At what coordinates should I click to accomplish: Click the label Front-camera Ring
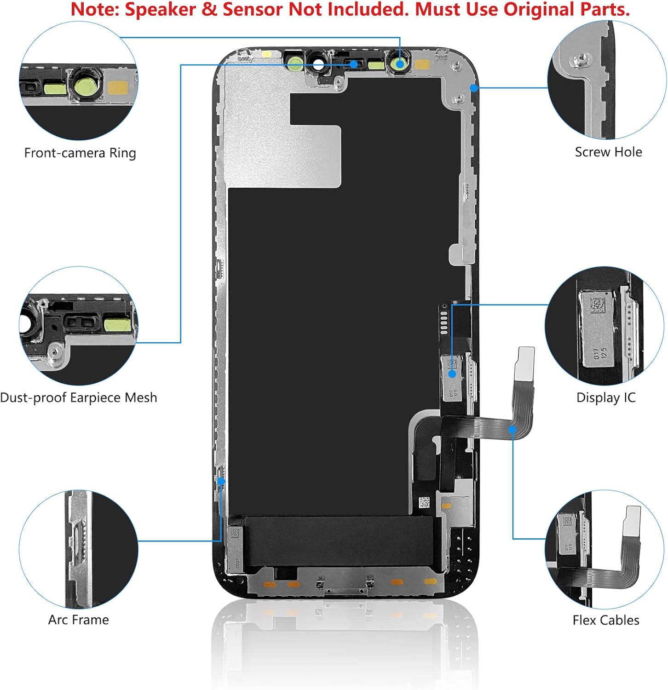pyautogui.click(x=80, y=153)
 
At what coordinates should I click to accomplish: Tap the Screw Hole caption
pyautogui.click(x=608, y=152)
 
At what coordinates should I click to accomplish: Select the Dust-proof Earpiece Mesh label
pyautogui.click(x=79, y=398)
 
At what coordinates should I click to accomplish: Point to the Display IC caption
pyautogui.click(x=606, y=398)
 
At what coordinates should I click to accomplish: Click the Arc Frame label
pyautogui.click(x=79, y=620)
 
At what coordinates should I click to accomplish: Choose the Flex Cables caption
pyautogui.click(x=606, y=621)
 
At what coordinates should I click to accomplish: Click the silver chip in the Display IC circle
pyautogui.click(x=598, y=329)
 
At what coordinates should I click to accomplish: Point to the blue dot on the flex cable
pyautogui.click(x=513, y=429)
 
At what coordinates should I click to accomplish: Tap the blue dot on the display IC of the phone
pyautogui.click(x=452, y=374)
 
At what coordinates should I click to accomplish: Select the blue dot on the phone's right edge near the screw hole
pyautogui.click(x=474, y=87)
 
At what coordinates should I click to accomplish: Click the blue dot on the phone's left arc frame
pyautogui.click(x=221, y=481)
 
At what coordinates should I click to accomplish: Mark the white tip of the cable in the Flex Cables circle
pyautogui.click(x=631, y=521)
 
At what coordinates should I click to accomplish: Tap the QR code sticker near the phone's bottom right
pyautogui.click(x=424, y=502)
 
